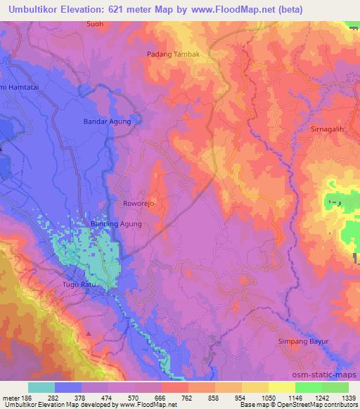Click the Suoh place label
94,24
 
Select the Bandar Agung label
107,122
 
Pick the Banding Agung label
116,224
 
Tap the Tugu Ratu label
97,284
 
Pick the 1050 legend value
268,397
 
